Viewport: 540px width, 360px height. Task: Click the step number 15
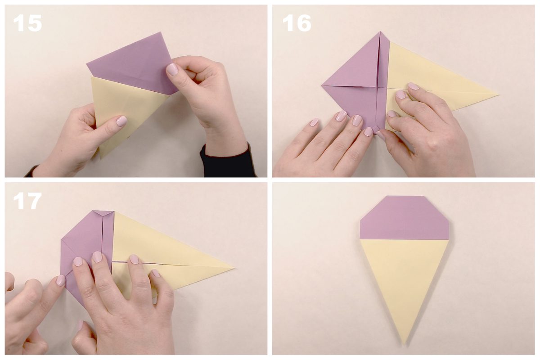point(27,23)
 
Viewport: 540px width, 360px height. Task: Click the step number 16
point(297,23)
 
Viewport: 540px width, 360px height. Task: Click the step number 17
point(27,201)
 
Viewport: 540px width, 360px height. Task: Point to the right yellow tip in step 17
point(234,268)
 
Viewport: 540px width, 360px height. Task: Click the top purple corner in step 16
point(380,32)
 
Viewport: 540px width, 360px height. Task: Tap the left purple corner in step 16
point(322,85)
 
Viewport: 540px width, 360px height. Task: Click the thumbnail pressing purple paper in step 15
point(172,69)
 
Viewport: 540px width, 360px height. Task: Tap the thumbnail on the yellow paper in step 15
point(121,121)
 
